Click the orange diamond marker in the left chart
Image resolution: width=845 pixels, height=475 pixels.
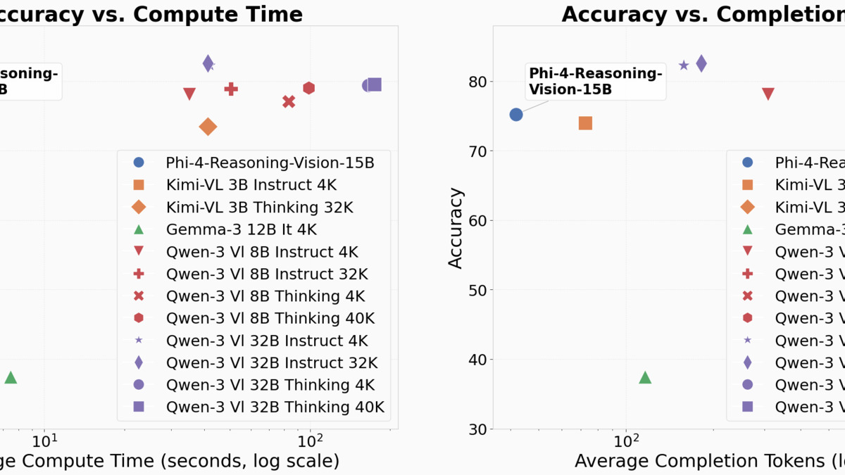(208, 127)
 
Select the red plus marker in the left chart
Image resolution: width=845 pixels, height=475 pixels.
(231, 89)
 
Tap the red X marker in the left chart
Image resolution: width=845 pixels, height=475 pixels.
(289, 101)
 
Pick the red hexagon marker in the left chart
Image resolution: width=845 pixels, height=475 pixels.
(308, 88)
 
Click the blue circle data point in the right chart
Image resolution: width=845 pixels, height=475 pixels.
(516, 114)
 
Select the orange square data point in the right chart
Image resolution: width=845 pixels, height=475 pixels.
(585, 123)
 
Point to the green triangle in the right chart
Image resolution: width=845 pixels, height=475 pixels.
(645, 378)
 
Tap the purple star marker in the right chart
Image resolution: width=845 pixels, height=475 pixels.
(684, 65)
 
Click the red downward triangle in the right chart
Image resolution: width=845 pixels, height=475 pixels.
(768, 94)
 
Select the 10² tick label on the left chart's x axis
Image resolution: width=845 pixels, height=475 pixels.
(310, 441)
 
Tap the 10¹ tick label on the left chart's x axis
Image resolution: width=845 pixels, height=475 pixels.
(45, 441)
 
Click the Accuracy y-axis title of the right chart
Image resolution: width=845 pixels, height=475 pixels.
(456, 227)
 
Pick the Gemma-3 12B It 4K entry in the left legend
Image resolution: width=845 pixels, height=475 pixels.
(242, 229)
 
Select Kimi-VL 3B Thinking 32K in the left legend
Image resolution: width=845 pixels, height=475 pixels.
(259, 207)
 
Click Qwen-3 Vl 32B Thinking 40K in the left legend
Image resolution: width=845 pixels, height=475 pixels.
(275, 407)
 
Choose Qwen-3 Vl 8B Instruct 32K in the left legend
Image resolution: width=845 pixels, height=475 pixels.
(267, 274)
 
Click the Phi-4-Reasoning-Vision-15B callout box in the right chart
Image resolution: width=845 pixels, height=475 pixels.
(596, 82)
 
